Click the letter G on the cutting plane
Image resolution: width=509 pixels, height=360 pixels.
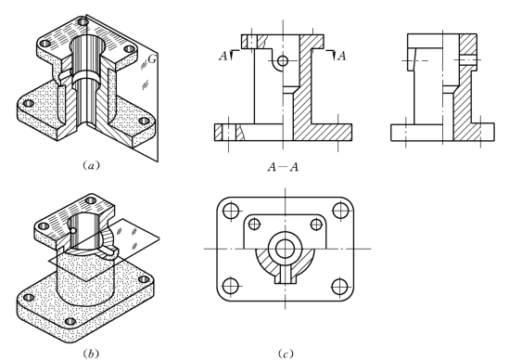tap(152, 59)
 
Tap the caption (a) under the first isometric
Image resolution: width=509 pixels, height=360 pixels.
tap(91, 166)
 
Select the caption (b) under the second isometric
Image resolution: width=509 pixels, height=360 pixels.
tap(91, 354)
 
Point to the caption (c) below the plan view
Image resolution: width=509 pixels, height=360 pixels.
tap(286, 354)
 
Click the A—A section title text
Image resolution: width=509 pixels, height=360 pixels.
tap(283, 167)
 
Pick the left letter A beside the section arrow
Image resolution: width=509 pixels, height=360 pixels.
tap(223, 57)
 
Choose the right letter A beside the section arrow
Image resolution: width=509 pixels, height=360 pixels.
tap(341, 57)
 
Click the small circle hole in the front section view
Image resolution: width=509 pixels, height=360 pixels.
tap(283, 60)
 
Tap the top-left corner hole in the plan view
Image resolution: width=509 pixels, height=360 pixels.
tap(231, 210)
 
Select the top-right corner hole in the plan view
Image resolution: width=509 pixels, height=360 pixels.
tap(340, 210)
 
